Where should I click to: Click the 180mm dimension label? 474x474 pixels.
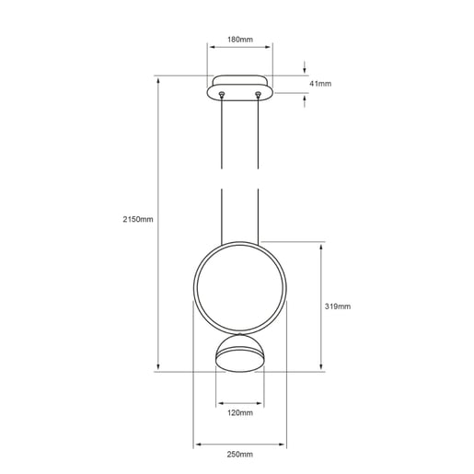click(x=239, y=41)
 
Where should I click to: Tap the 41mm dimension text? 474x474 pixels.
click(x=319, y=83)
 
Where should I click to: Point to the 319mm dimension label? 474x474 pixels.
click(x=339, y=306)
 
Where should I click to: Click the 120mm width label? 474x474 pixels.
click(x=239, y=413)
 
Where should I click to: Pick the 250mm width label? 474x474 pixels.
click(x=239, y=455)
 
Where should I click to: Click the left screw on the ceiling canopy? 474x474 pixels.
click(x=222, y=92)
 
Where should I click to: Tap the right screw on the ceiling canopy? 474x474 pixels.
click(x=258, y=92)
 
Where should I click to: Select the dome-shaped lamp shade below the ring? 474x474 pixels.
click(x=239, y=354)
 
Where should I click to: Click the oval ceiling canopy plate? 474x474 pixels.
click(x=239, y=86)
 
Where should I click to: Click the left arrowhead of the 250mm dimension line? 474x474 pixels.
click(x=195, y=443)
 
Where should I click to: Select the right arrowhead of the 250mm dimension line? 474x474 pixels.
click(x=283, y=443)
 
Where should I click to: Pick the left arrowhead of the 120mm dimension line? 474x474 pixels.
click(x=218, y=402)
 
